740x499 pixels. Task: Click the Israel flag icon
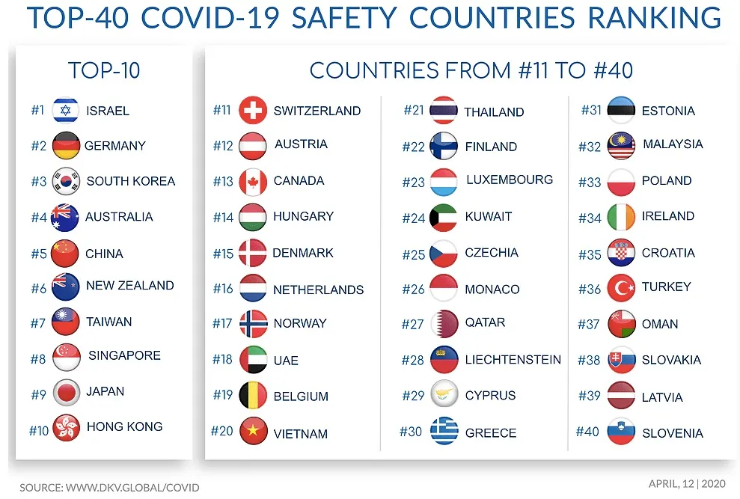66,110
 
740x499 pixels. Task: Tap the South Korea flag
66,181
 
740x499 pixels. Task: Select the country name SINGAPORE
124,355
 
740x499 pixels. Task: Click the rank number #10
39,431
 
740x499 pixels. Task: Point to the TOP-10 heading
104,71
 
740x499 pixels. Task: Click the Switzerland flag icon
253,111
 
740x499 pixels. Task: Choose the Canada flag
253,182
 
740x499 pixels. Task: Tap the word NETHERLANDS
318,290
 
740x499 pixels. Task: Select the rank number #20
222,431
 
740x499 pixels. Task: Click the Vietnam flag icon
253,431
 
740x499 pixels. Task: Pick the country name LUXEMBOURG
509,180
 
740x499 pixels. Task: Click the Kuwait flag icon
444,218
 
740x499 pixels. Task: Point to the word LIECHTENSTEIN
513,360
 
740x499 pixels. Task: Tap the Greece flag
444,431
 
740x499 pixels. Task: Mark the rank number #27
413,324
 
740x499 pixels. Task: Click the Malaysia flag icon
621,146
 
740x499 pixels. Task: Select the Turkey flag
621,288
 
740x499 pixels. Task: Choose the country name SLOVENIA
672,433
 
